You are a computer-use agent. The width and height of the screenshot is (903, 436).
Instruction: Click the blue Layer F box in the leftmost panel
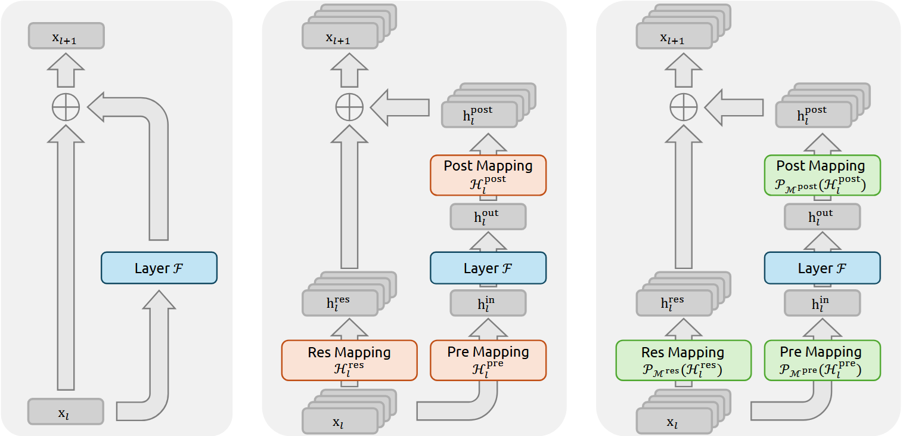pyautogui.click(x=159, y=268)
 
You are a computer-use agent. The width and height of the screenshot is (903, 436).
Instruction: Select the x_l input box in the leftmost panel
pyautogui.click(x=66, y=412)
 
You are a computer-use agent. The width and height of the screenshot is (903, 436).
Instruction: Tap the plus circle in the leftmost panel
pyautogui.click(x=66, y=108)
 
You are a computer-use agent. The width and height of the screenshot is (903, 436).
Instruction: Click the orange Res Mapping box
pyautogui.click(x=349, y=360)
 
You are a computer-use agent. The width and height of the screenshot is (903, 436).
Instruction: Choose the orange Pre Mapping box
pyautogui.click(x=488, y=360)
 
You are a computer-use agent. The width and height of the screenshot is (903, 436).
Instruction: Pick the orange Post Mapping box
pyautogui.click(x=488, y=175)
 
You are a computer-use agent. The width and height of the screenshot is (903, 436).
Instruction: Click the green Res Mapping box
pyautogui.click(x=683, y=360)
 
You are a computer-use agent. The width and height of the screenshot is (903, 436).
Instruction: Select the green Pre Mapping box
pyautogui.click(x=822, y=360)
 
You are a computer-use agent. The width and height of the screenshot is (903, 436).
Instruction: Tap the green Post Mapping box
pyautogui.click(x=822, y=175)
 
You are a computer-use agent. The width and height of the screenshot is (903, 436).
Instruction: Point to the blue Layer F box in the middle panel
pyautogui.click(x=488, y=268)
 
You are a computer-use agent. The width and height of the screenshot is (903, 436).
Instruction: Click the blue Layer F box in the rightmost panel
pyautogui.click(x=822, y=268)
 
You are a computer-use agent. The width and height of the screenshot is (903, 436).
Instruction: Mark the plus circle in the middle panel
pyautogui.click(x=349, y=108)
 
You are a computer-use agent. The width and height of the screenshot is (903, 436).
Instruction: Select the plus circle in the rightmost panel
pyautogui.click(x=683, y=108)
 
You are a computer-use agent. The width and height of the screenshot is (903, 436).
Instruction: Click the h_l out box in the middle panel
pyautogui.click(x=488, y=217)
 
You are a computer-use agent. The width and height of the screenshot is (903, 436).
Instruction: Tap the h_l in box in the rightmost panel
pyautogui.click(x=822, y=303)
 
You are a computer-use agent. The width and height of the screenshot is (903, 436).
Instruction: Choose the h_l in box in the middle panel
pyautogui.click(x=488, y=303)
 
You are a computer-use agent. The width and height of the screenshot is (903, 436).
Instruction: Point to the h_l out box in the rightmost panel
pyautogui.click(x=822, y=217)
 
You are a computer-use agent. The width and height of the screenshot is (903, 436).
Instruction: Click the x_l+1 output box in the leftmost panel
pyautogui.click(x=66, y=36)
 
